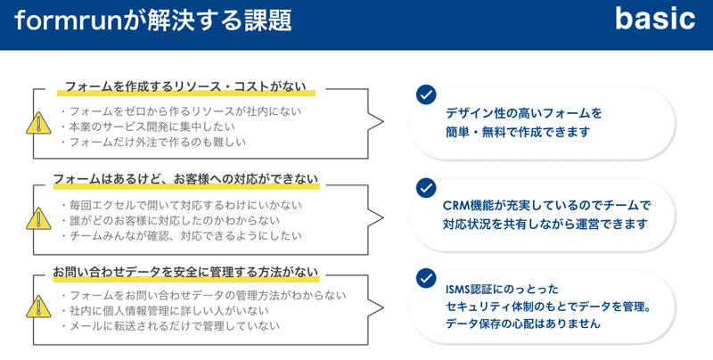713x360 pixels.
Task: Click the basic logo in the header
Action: [x=655, y=20]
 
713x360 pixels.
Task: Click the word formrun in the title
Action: [x=69, y=20]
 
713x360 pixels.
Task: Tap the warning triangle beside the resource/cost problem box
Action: [x=38, y=123]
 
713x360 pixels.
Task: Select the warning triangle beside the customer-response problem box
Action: [x=38, y=218]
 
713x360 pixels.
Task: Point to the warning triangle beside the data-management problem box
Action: [x=38, y=307]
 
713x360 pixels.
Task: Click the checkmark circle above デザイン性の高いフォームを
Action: [x=426, y=94]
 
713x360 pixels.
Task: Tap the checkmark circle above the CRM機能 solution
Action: [x=426, y=188]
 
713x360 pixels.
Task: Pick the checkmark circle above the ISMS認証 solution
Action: [x=426, y=278]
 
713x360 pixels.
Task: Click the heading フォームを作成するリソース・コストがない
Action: [x=185, y=86]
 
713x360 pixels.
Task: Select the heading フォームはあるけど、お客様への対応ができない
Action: [x=185, y=178]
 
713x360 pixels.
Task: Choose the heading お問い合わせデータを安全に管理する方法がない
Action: [x=185, y=272]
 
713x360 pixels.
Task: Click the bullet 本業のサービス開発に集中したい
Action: [x=148, y=127]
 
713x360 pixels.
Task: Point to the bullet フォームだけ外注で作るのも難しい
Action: [x=153, y=142]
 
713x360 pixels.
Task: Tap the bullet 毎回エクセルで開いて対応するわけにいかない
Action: [x=181, y=205]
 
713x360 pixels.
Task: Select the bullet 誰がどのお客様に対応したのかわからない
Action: [x=170, y=220]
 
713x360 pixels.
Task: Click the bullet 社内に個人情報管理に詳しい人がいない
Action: [x=165, y=310]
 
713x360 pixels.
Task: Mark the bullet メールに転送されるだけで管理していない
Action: [x=170, y=326]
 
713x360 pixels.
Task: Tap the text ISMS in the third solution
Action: [x=457, y=290]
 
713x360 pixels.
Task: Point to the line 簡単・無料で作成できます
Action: [x=518, y=132]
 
